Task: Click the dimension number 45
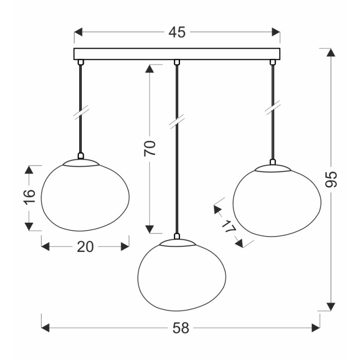177,32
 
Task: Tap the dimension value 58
181,328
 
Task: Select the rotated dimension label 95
331,179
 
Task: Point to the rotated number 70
150,148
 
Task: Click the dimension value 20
85,247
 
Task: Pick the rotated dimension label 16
29,196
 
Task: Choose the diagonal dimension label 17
229,226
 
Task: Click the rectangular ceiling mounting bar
177,54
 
